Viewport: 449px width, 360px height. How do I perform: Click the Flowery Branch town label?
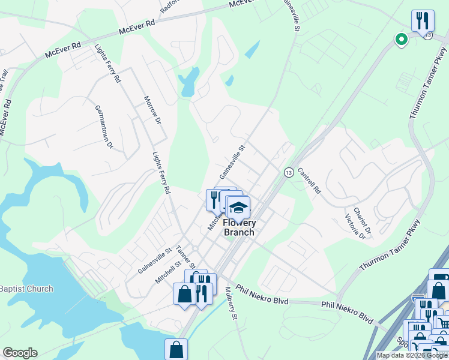click(x=239, y=227)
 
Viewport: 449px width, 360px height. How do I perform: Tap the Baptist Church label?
click(x=26, y=289)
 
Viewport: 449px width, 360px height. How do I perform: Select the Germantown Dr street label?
click(x=104, y=127)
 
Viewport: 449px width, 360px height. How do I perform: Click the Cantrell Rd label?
click(x=310, y=183)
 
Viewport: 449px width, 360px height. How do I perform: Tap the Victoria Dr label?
click(x=354, y=227)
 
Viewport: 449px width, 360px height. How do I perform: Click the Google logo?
click(x=20, y=353)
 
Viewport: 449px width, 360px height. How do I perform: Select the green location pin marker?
click(x=400, y=40)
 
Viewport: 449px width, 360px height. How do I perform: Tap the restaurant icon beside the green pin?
click(x=423, y=21)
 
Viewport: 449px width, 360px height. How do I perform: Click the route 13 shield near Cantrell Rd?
click(x=289, y=172)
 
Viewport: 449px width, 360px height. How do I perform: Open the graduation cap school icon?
click(x=238, y=208)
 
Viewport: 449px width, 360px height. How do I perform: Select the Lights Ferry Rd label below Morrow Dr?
click(x=161, y=172)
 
